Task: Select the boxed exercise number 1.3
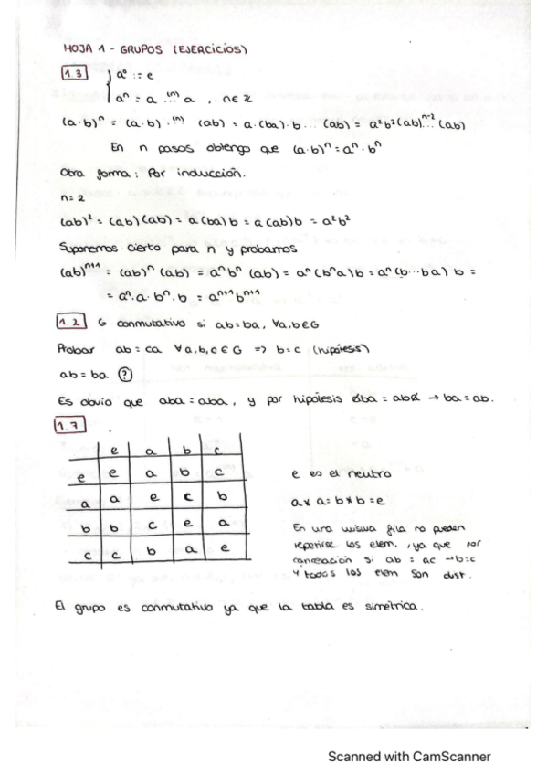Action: click(x=75, y=73)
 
